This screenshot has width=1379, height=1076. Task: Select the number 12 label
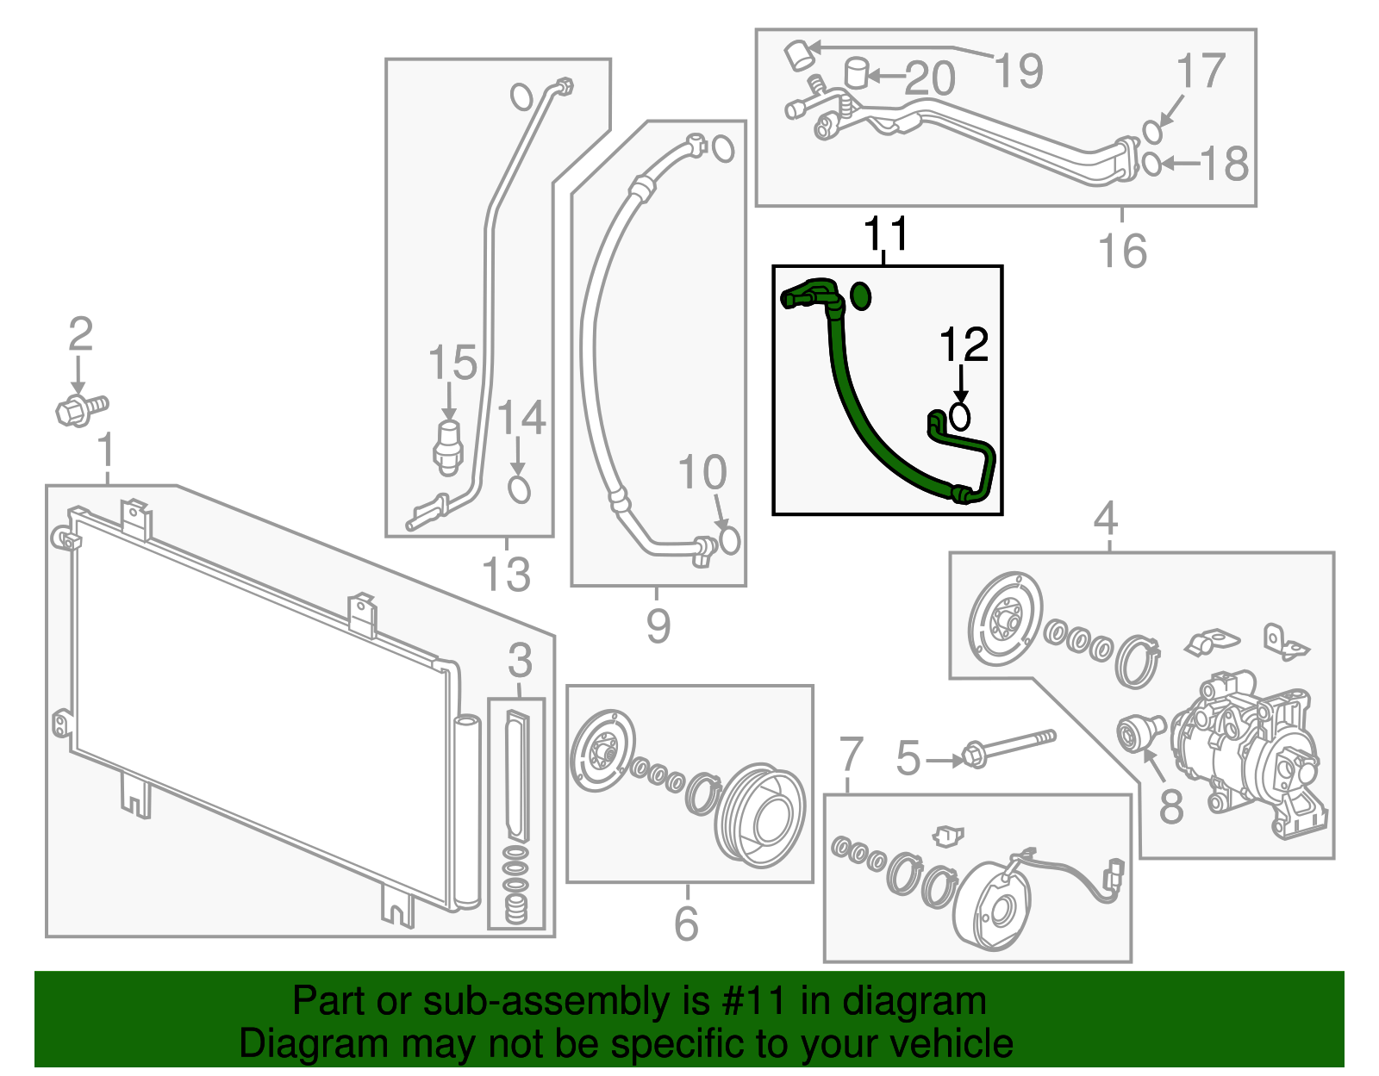pos(964,345)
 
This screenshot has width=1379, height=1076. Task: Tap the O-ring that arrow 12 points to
pos(959,417)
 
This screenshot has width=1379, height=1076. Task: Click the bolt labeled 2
pos(81,408)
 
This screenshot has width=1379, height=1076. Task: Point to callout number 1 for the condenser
pos(106,450)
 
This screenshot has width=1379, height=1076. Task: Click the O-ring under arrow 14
pos(519,489)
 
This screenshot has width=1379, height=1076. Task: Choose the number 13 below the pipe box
pos(506,574)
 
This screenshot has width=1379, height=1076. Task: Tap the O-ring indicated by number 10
pos(729,540)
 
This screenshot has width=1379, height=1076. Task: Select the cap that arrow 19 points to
pos(797,56)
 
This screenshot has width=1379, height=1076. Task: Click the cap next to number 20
pos(856,72)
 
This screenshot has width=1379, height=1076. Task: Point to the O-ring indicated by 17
pos(1153,131)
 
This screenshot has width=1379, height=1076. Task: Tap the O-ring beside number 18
pos(1151,163)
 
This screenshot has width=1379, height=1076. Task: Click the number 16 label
pos(1122,251)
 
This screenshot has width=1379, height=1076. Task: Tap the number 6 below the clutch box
pos(686,924)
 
